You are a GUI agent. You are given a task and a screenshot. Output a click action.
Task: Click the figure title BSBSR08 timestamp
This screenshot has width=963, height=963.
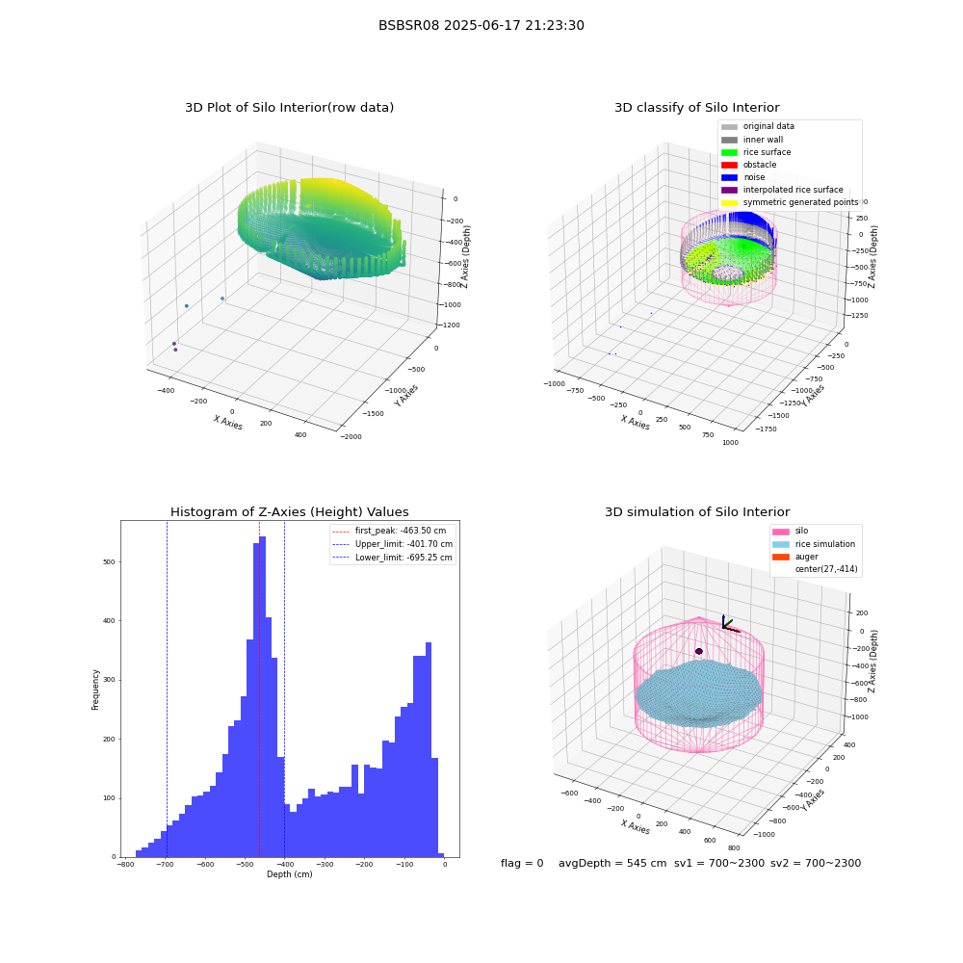click(x=481, y=25)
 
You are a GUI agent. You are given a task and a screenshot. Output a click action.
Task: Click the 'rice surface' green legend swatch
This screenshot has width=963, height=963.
click(x=729, y=152)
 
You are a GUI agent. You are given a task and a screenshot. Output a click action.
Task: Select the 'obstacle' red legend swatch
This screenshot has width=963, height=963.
click(x=729, y=165)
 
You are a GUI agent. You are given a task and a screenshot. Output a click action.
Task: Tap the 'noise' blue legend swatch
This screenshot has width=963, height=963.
click(x=729, y=177)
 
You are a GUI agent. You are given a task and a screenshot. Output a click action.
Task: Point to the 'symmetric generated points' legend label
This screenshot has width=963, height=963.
click(x=801, y=202)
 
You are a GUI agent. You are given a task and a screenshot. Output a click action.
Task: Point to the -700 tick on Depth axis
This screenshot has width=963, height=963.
click(x=165, y=864)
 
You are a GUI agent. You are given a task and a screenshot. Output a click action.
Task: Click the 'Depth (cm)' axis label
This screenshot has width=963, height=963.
click(x=289, y=874)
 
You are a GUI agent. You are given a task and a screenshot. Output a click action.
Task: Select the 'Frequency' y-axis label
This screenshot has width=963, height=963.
click(x=95, y=690)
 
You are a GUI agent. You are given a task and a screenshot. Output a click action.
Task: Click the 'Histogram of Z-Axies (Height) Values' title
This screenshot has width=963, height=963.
click(x=289, y=511)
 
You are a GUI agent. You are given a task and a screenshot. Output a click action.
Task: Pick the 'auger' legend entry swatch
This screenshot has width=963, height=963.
click(x=781, y=557)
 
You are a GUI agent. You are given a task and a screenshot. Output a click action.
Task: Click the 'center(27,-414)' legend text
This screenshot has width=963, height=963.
click(x=826, y=569)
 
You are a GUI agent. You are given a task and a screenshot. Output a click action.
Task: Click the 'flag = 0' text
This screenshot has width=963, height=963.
click(x=522, y=863)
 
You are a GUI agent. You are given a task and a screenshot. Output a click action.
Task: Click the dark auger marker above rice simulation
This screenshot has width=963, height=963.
click(x=699, y=651)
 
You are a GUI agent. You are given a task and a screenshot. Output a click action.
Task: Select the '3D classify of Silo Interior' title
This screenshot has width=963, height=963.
click(x=697, y=108)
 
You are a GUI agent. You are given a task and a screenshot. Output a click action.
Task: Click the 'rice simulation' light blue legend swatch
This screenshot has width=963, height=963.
click(x=781, y=544)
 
